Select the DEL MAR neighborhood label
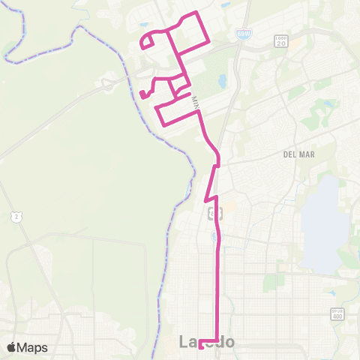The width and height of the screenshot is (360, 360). point(298,154)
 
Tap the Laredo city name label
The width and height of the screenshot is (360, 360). point(207,342)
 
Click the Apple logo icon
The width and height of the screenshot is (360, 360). point(11,347)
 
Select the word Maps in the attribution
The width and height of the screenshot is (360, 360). point(33,347)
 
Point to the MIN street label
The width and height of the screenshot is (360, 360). point(196,102)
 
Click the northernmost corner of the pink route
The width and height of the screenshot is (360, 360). point(196,13)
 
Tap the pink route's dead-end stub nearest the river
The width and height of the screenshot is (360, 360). point(142,94)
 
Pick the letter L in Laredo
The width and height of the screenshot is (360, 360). point(185,342)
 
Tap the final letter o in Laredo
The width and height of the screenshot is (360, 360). point(229,343)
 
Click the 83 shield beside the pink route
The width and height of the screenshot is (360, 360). point(213,214)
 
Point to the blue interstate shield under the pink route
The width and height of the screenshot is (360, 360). point(216,236)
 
